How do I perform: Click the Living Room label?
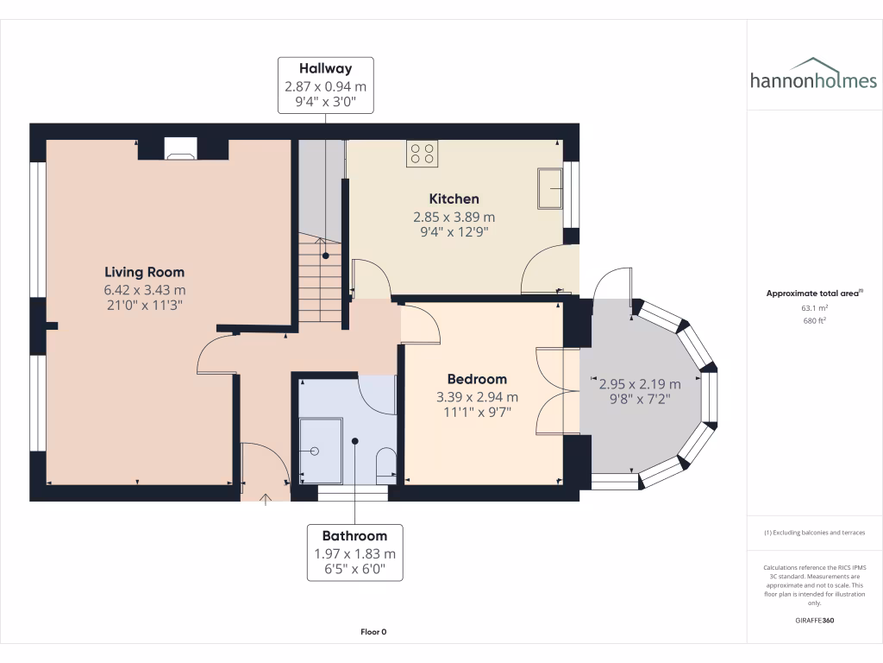coord(145,272)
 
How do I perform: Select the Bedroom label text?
coord(477,379)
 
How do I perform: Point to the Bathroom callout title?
coord(354,535)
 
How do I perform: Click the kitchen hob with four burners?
coord(423,153)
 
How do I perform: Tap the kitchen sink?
coord(549,188)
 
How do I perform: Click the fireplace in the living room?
coord(180,149)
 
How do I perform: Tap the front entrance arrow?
coord(266,497)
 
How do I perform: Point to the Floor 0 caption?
coord(373,632)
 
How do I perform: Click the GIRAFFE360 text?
coord(814,621)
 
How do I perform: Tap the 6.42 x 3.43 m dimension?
coord(145,289)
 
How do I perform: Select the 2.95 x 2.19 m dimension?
coord(640,384)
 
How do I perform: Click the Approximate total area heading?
coord(812,294)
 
